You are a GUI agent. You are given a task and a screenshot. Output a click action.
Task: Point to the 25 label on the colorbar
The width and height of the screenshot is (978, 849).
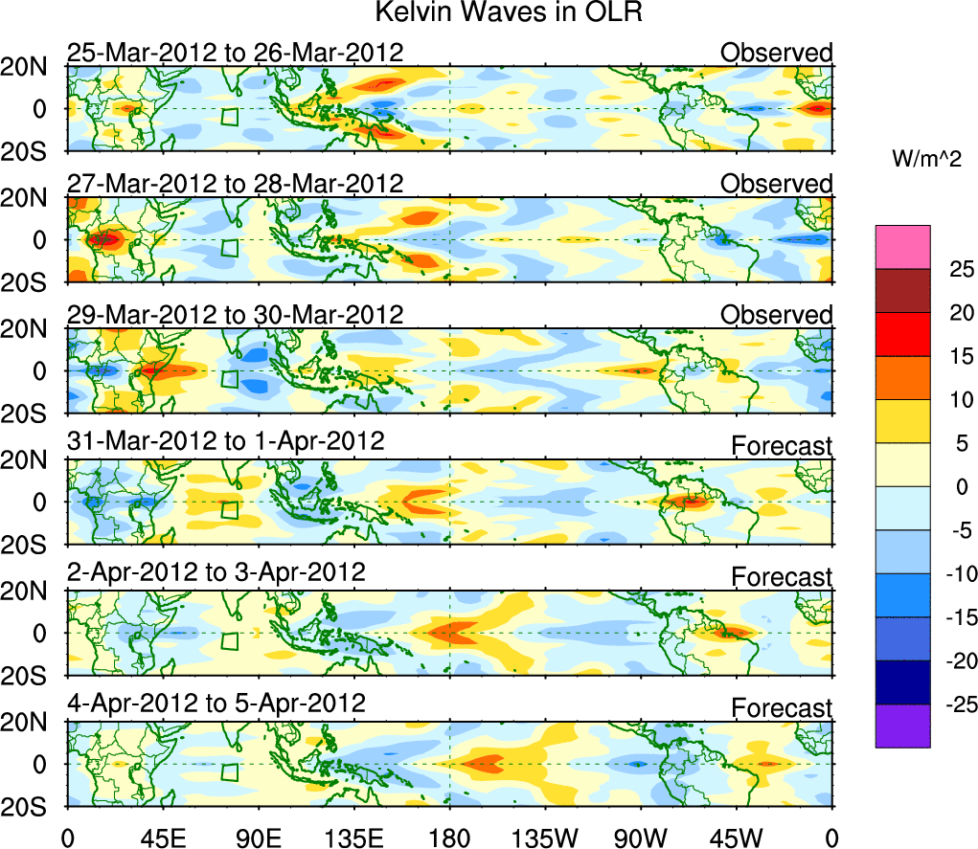951,269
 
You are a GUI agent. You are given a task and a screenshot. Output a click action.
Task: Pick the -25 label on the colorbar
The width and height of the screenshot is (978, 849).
948,704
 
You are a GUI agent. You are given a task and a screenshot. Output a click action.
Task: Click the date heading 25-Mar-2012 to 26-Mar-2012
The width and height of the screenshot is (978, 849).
235,52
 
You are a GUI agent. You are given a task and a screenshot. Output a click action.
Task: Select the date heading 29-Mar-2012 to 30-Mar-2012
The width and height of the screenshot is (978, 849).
235,314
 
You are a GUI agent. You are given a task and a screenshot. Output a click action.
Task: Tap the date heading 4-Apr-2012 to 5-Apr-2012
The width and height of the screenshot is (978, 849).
216,703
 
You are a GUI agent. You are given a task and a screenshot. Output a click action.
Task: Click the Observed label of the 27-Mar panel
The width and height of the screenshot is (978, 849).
777,184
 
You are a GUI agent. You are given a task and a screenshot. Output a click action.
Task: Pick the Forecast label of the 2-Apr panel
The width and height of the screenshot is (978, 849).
783,577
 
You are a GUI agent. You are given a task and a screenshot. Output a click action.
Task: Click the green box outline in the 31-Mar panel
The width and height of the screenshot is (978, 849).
228,509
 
